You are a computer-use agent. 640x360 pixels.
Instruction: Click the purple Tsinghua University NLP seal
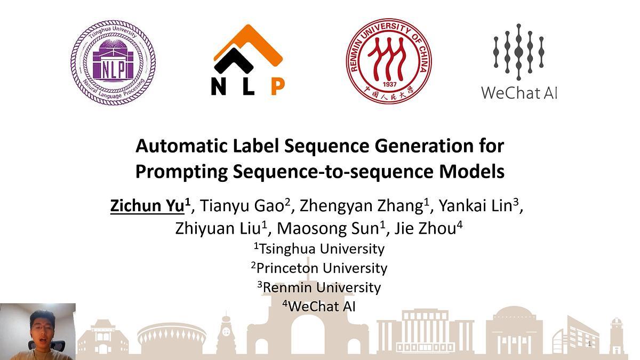[113, 62]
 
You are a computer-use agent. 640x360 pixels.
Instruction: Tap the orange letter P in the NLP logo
[277, 86]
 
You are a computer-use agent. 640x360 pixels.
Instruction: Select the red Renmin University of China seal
[389, 61]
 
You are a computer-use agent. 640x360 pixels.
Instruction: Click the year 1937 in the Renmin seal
[390, 84]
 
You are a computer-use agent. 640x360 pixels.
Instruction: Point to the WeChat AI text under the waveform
[519, 93]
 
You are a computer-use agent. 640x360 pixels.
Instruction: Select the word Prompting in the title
[181, 172]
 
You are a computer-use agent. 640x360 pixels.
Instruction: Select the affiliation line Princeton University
[319, 268]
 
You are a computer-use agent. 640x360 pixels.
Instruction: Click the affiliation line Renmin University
[319, 287]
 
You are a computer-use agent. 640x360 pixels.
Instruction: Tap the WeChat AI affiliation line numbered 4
[319, 307]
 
